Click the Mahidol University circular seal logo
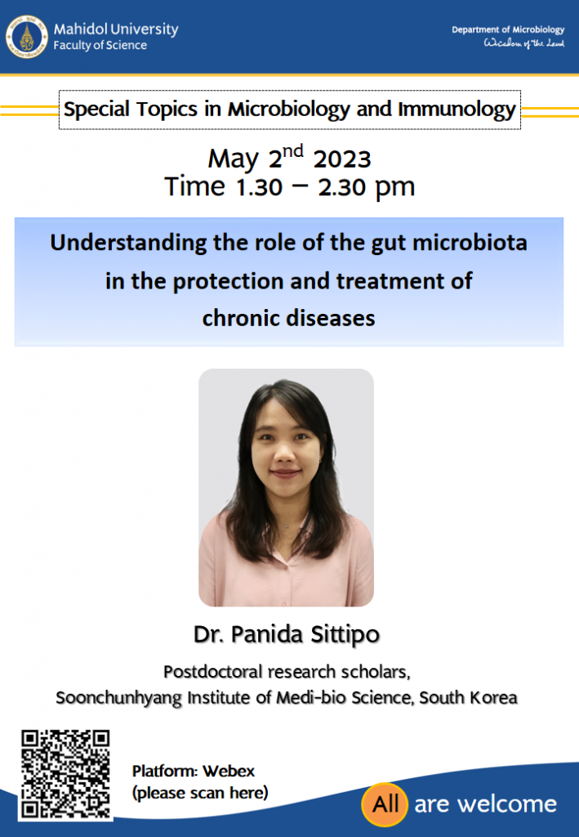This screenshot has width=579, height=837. [27, 37]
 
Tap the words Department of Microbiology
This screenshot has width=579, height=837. [508, 29]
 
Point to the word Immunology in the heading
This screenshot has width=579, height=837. [457, 110]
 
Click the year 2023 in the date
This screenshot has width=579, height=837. [341, 159]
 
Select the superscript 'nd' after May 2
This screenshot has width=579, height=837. [292, 151]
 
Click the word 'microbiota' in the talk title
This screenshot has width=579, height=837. [470, 242]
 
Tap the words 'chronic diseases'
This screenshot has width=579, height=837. [288, 318]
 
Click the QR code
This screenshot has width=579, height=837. [65, 774]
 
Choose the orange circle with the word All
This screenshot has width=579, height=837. [385, 804]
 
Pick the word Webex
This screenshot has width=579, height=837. [228, 771]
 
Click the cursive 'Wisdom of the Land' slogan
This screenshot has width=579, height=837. [523, 44]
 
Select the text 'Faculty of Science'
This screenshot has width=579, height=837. [100, 46]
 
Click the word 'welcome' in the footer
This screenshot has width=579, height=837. [507, 804]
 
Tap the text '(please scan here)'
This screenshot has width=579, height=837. [200, 793]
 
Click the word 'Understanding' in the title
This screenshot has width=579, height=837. [128, 244]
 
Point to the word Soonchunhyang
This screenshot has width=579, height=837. [119, 698]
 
